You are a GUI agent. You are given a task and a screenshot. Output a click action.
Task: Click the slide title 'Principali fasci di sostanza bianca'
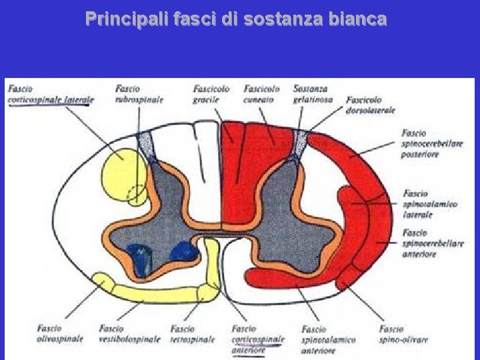point(235,19)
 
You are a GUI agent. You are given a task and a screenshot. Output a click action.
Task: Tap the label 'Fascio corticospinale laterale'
point(51,94)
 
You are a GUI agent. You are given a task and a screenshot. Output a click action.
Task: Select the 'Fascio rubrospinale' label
point(139,94)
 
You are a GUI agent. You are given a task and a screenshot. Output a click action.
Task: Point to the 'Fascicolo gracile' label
point(211,94)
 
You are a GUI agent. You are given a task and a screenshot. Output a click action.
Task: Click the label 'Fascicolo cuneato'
point(262,94)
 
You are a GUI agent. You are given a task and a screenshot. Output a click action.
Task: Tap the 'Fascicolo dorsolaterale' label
point(371,105)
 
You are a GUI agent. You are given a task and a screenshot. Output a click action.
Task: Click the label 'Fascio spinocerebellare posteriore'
point(433,143)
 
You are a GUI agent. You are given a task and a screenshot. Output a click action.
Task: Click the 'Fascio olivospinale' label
point(60,333)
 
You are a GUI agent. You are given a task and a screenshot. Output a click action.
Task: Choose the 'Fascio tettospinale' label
point(192,333)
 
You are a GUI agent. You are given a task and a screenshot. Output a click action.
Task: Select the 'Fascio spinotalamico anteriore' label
point(327,339)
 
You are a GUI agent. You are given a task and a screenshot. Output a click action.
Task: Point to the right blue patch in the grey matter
point(184,251)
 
